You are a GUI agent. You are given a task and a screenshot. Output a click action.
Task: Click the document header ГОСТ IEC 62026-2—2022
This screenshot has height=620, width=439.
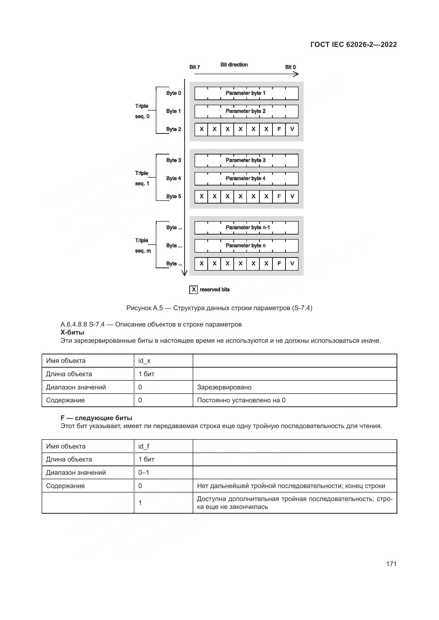pyautogui.click(x=353, y=45)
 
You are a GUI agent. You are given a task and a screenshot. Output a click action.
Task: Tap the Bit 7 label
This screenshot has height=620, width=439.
pyautogui.click(x=194, y=67)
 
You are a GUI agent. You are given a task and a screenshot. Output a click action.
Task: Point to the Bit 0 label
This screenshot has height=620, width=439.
pyautogui.click(x=290, y=67)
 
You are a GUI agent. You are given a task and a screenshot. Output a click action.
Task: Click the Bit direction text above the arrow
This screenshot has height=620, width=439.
pyautogui.click(x=234, y=64)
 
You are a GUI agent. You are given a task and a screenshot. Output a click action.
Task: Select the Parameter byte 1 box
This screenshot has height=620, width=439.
pyautogui.click(x=246, y=93)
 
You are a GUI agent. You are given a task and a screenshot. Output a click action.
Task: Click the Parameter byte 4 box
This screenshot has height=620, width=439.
pyautogui.click(x=246, y=178)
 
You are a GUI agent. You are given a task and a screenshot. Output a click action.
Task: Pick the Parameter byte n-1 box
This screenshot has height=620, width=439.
pyautogui.click(x=246, y=228)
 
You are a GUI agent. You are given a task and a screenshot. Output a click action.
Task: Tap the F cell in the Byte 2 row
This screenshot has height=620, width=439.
pyautogui.click(x=279, y=129)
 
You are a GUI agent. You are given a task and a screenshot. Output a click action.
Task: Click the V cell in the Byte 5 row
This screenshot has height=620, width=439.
pyautogui.click(x=292, y=197)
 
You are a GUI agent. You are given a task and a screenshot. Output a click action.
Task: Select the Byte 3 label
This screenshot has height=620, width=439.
pyautogui.click(x=173, y=160)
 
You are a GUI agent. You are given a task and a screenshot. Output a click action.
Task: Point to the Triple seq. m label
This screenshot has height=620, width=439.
pyautogui.click(x=143, y=245)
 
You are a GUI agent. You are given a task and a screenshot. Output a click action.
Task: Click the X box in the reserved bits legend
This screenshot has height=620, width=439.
pyautogui.click(x=193, y=290)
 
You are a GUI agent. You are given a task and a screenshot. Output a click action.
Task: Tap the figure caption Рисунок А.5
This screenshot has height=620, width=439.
pyautogui.click(x=219, y=308)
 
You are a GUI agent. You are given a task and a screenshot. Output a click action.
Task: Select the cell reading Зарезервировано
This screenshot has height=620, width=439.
pyautogui.click(x=224, y=387)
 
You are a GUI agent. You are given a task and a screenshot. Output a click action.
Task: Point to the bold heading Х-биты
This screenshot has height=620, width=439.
pyautogui.click(x=72, y=332)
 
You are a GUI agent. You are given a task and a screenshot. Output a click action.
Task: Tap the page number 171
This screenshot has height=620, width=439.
pyautogui.click(x=391, y=564)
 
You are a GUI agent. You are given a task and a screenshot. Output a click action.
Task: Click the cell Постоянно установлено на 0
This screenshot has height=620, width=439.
pyautogui.click(x=241, y=400)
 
